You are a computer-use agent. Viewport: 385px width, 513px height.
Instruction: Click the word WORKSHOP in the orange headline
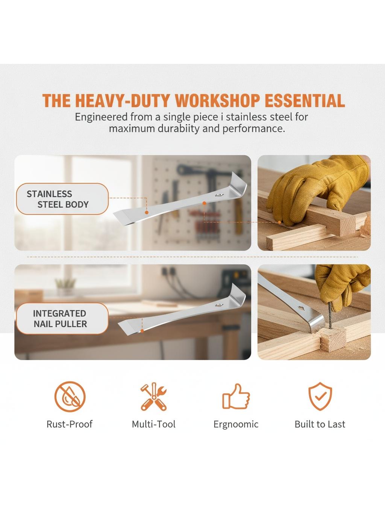coord(217,101)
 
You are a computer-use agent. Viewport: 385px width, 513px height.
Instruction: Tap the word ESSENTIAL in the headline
coord(305,101)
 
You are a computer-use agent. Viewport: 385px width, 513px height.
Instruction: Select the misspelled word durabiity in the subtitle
coord(178,129)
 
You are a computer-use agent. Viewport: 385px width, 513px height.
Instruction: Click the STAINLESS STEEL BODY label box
coord(62,199)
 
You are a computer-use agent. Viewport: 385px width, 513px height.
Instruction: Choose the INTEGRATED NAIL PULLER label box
coord(62,318)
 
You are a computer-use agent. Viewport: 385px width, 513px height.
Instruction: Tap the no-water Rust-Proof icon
coord(70,396)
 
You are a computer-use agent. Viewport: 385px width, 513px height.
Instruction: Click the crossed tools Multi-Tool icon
coord(153,396)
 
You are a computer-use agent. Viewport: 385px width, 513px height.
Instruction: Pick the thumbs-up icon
coord(236,397)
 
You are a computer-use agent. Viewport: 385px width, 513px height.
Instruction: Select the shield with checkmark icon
coord(320,396)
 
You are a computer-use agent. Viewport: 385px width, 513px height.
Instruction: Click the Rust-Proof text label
coord(70,424)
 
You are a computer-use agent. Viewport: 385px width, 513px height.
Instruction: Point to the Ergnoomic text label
coord(236,424)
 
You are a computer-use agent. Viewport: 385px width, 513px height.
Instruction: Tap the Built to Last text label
coord(320,424)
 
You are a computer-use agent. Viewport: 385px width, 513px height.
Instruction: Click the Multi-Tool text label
coord(153,424)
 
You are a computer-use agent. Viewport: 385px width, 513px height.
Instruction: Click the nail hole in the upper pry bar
coord(220,194)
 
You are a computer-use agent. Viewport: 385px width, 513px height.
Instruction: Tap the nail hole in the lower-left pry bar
coord(219,304)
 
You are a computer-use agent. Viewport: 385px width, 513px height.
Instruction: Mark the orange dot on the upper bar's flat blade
coord(147,212)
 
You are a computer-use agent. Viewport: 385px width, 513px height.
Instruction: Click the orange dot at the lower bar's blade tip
coord(142,331)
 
